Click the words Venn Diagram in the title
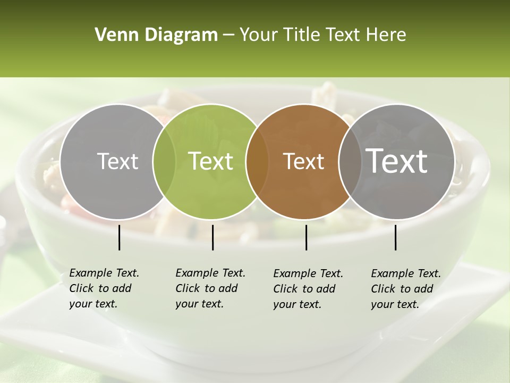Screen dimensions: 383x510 (156, 35)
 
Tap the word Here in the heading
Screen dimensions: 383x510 (385, 35)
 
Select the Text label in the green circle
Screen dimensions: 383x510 (211, 161)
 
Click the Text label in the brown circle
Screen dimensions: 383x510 (304, 161)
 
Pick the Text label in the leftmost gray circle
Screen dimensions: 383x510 (117, 161)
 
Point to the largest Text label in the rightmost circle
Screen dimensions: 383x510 (397, 161)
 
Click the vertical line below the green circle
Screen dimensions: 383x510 (212, 237)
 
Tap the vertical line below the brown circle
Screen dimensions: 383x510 (306, 237)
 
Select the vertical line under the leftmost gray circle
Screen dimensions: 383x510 (119, 237)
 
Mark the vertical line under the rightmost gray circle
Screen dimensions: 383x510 (395, 237)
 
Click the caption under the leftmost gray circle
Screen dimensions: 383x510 (104, 288)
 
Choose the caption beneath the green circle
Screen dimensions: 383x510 (210, 288)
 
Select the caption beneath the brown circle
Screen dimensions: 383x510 (308, 289)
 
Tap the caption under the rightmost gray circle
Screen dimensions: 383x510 (405, 289)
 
